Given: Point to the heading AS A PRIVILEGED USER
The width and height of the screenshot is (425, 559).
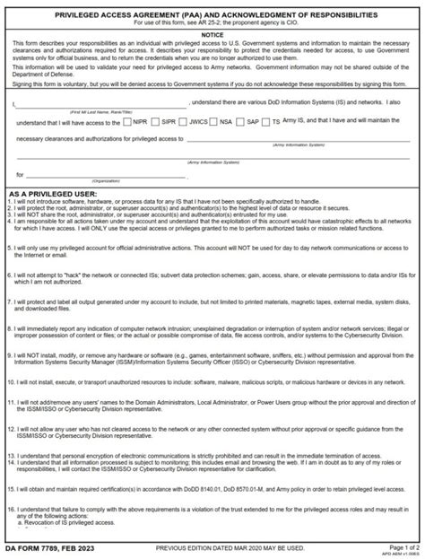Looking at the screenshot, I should point(55,193).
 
